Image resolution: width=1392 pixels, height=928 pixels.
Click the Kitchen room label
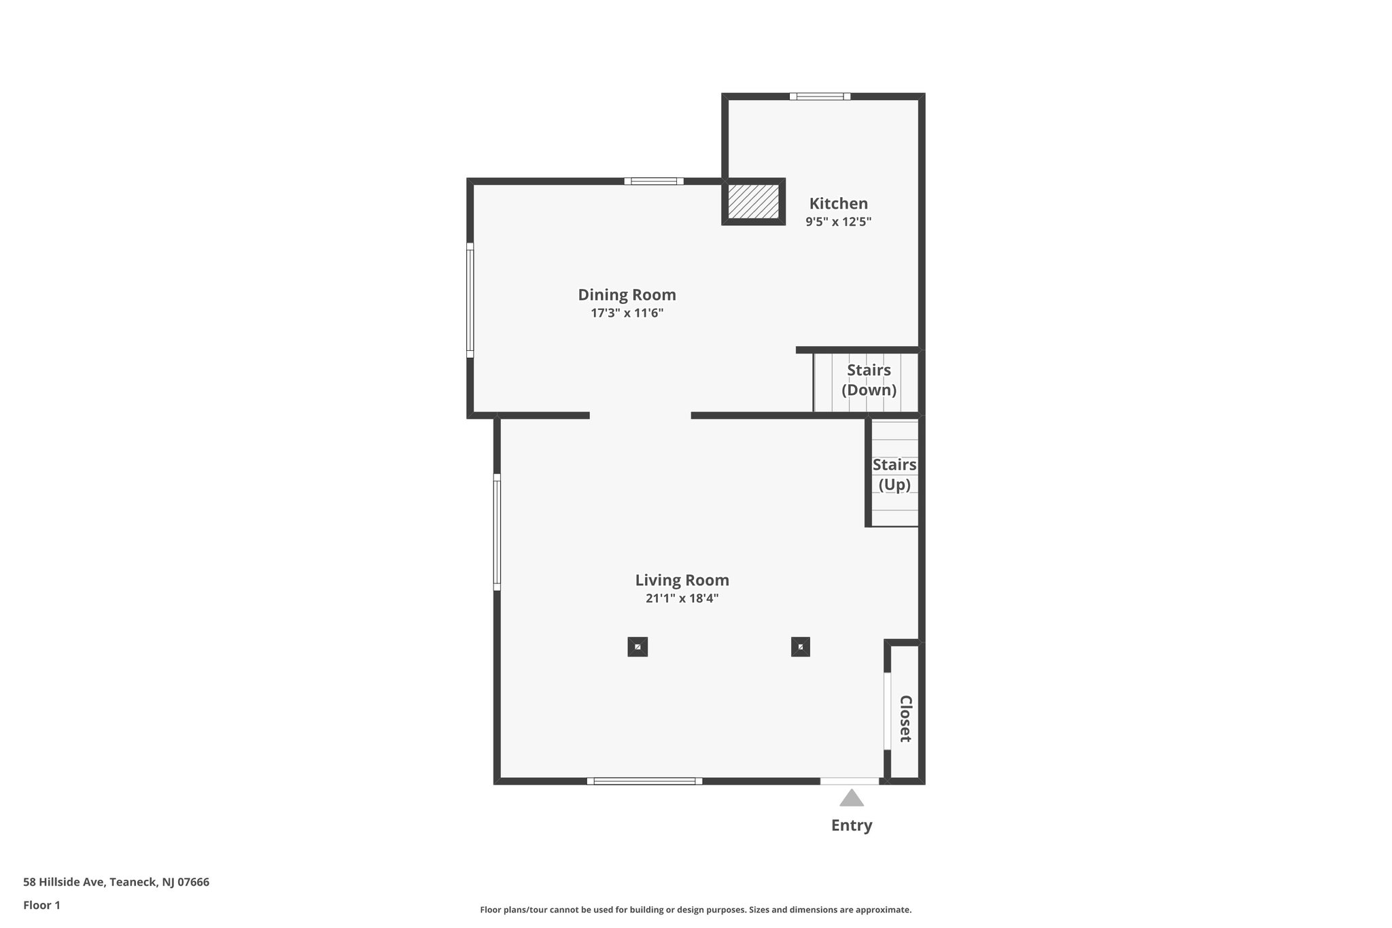(x=838, y=203)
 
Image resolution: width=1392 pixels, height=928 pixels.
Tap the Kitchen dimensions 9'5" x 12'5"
(x=838, y=222)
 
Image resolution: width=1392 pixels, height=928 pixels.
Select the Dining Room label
(x=627, y=295)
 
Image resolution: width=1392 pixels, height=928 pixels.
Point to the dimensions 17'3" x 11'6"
(x=627, y=313)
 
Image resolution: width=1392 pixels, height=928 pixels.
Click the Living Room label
(x=682, y=581)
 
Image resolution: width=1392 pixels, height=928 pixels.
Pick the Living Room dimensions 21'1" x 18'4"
(x=682, y=599)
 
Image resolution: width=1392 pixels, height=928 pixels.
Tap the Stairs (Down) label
(x=869, y=380)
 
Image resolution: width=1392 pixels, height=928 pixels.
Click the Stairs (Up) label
(x=894, y=475)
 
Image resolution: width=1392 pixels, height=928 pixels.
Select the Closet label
(x=905, y=719)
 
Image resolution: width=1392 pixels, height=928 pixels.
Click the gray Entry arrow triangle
(x=851, y=799)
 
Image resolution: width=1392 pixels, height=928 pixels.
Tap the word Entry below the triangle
(x=851, y=825)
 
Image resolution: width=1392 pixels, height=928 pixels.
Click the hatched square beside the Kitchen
(x=753, y=201)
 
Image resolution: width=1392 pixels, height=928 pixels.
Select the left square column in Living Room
(x=638, y=647)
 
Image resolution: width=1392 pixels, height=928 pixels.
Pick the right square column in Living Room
(x=801, y=647)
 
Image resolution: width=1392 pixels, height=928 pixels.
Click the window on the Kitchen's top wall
(x=820, y=97)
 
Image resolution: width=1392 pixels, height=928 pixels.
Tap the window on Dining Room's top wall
(x=654, y=182)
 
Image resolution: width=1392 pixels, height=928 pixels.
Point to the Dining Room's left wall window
(x=470, y=300)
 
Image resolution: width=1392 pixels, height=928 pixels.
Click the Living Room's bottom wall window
(x=644, y=781)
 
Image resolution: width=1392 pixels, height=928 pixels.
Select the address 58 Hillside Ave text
(x=116, y=882)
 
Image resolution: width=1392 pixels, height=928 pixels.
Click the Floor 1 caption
(x=41, y=906)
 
